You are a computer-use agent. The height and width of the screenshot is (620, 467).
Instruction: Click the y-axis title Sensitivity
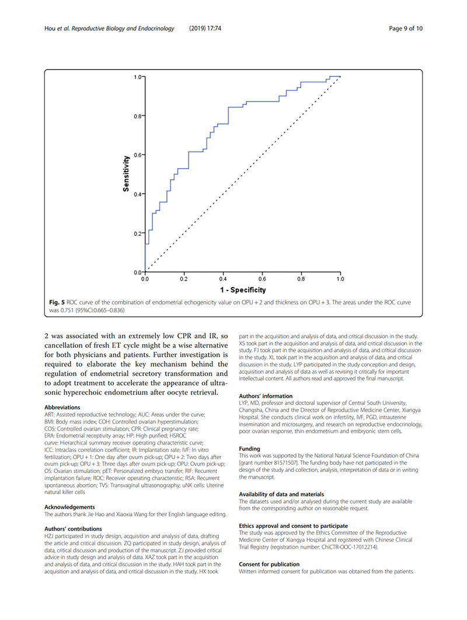click(126, 174)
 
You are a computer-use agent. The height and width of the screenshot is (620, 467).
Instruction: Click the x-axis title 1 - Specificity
click(243, 290)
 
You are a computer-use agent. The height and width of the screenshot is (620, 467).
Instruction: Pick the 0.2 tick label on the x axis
click(184, 280)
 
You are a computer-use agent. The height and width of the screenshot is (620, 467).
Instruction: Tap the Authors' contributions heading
click(73, 529)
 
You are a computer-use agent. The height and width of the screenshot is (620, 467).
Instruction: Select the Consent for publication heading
click(269, 564)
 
